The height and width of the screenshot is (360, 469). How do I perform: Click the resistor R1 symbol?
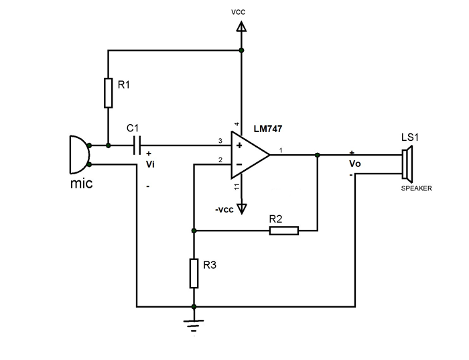click(108, 93)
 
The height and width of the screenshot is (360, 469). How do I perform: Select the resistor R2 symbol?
click(283, 231)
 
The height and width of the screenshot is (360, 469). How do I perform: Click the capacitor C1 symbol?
click(137, 145)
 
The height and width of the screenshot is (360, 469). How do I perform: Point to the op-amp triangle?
click(249, 155)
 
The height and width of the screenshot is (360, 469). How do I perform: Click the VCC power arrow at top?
click(242, 27)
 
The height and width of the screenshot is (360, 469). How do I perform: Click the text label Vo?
click(354, 164)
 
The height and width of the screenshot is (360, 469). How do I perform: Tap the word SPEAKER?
click(417, 188)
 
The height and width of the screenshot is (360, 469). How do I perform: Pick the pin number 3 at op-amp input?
click(220, 141)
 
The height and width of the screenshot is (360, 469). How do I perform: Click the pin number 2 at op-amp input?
click(220, 160)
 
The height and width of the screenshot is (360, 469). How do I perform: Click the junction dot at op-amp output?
click(317, 155)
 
